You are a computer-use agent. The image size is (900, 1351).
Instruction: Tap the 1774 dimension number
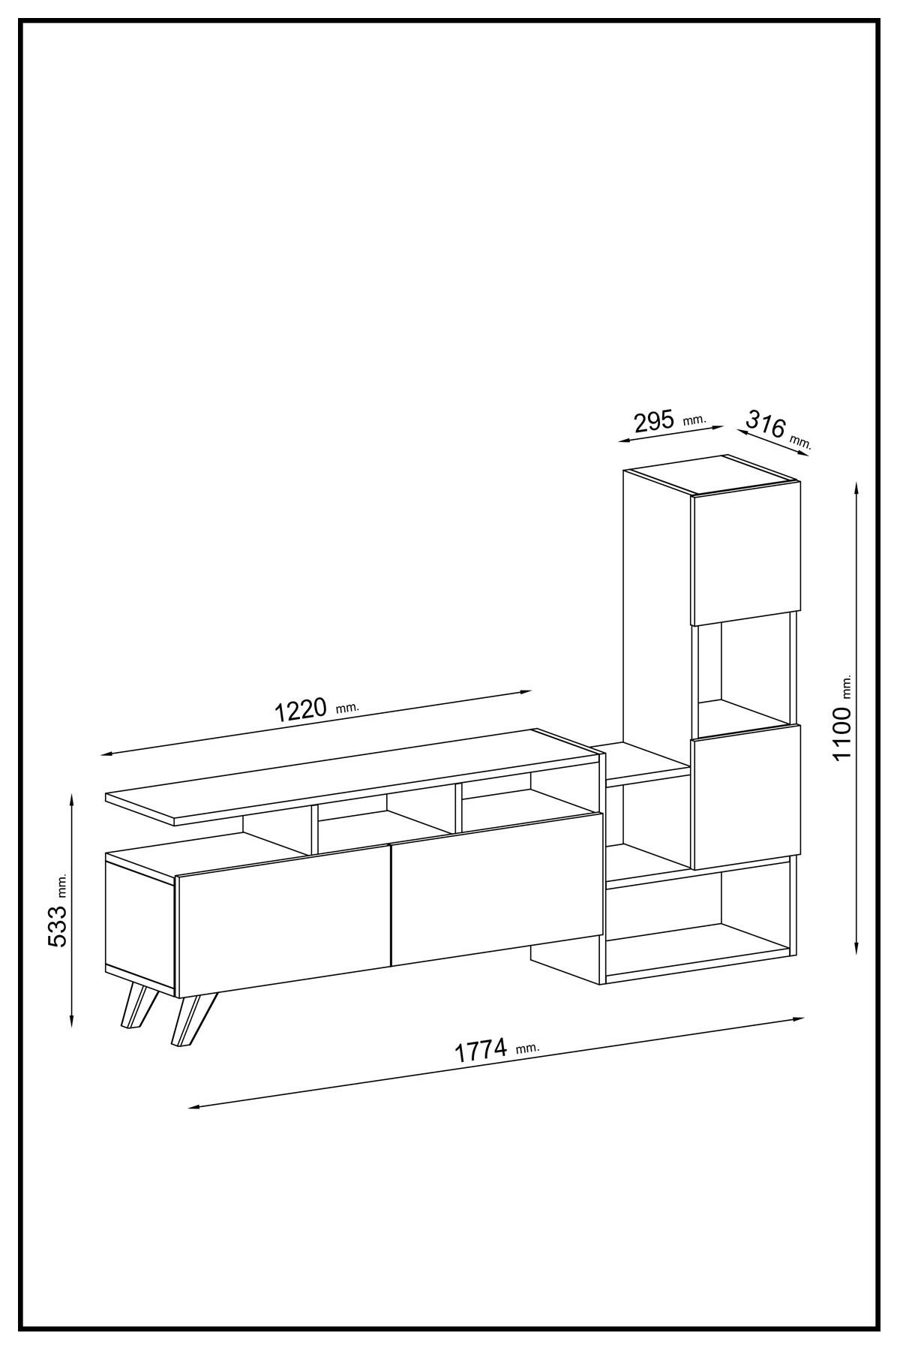pyautogui.click(x=482, y=1050)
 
